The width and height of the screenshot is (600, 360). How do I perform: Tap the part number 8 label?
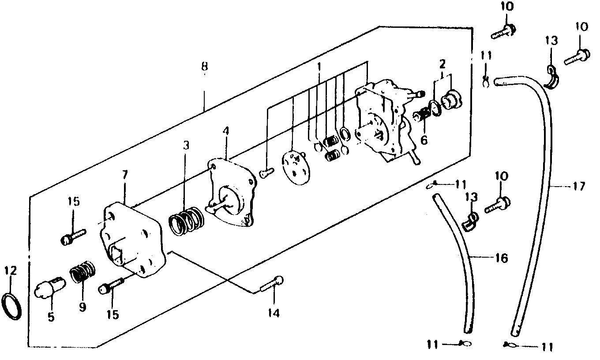[x=204, y=67]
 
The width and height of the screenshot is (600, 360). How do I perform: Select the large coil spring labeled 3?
[x=186, y=219]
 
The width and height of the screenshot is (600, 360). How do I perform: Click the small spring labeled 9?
[x=83, y=274]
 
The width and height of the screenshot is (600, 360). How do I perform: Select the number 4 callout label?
[x=226, y=131]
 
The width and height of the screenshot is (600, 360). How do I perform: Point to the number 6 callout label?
[x=424, y=141]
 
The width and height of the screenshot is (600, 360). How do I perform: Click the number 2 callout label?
[x=442, y=64]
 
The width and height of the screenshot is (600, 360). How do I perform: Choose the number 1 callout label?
[x=319, y=67]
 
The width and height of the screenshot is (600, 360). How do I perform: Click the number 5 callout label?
[x=51, y=317]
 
